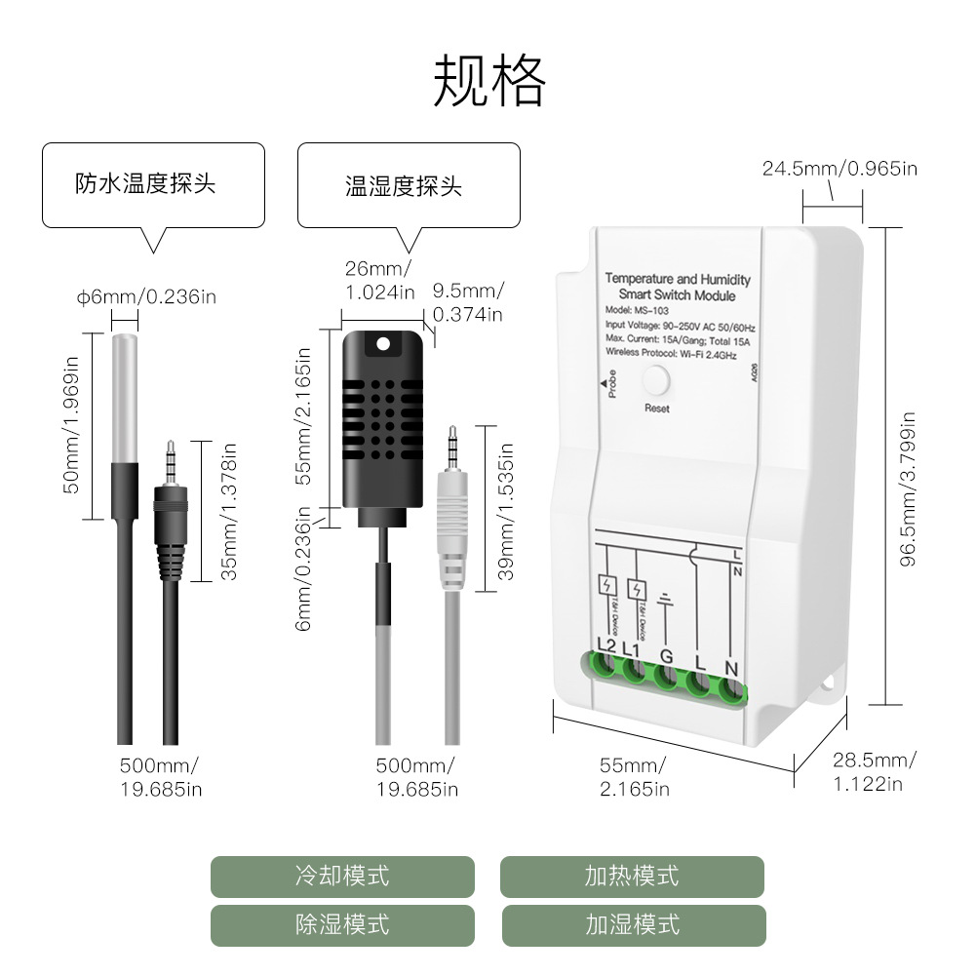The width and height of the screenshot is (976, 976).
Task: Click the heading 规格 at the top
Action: point(488,82)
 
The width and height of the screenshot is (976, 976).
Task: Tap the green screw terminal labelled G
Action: point(667,676)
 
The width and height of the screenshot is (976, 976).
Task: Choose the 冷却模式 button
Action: point(342,876)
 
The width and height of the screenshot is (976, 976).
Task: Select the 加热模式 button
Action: point(632,876)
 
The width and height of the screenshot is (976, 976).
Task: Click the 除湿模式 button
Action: point(342,924)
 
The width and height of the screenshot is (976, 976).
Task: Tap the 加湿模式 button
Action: point(632,924)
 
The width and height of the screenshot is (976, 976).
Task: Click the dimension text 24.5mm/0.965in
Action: point(839,169)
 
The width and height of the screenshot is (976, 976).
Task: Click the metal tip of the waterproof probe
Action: point(124,400)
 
